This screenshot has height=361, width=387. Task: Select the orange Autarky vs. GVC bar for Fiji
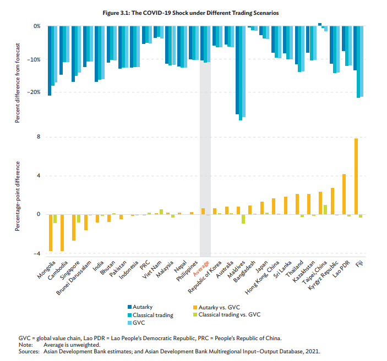356,176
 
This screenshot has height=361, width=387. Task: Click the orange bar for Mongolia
50,232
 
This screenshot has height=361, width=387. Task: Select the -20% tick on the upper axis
36,92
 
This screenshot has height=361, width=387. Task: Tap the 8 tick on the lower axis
38,137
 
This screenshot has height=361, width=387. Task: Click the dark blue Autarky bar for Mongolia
49,61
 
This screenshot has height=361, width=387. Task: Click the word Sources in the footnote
28,350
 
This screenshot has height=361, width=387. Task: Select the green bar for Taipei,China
325,209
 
